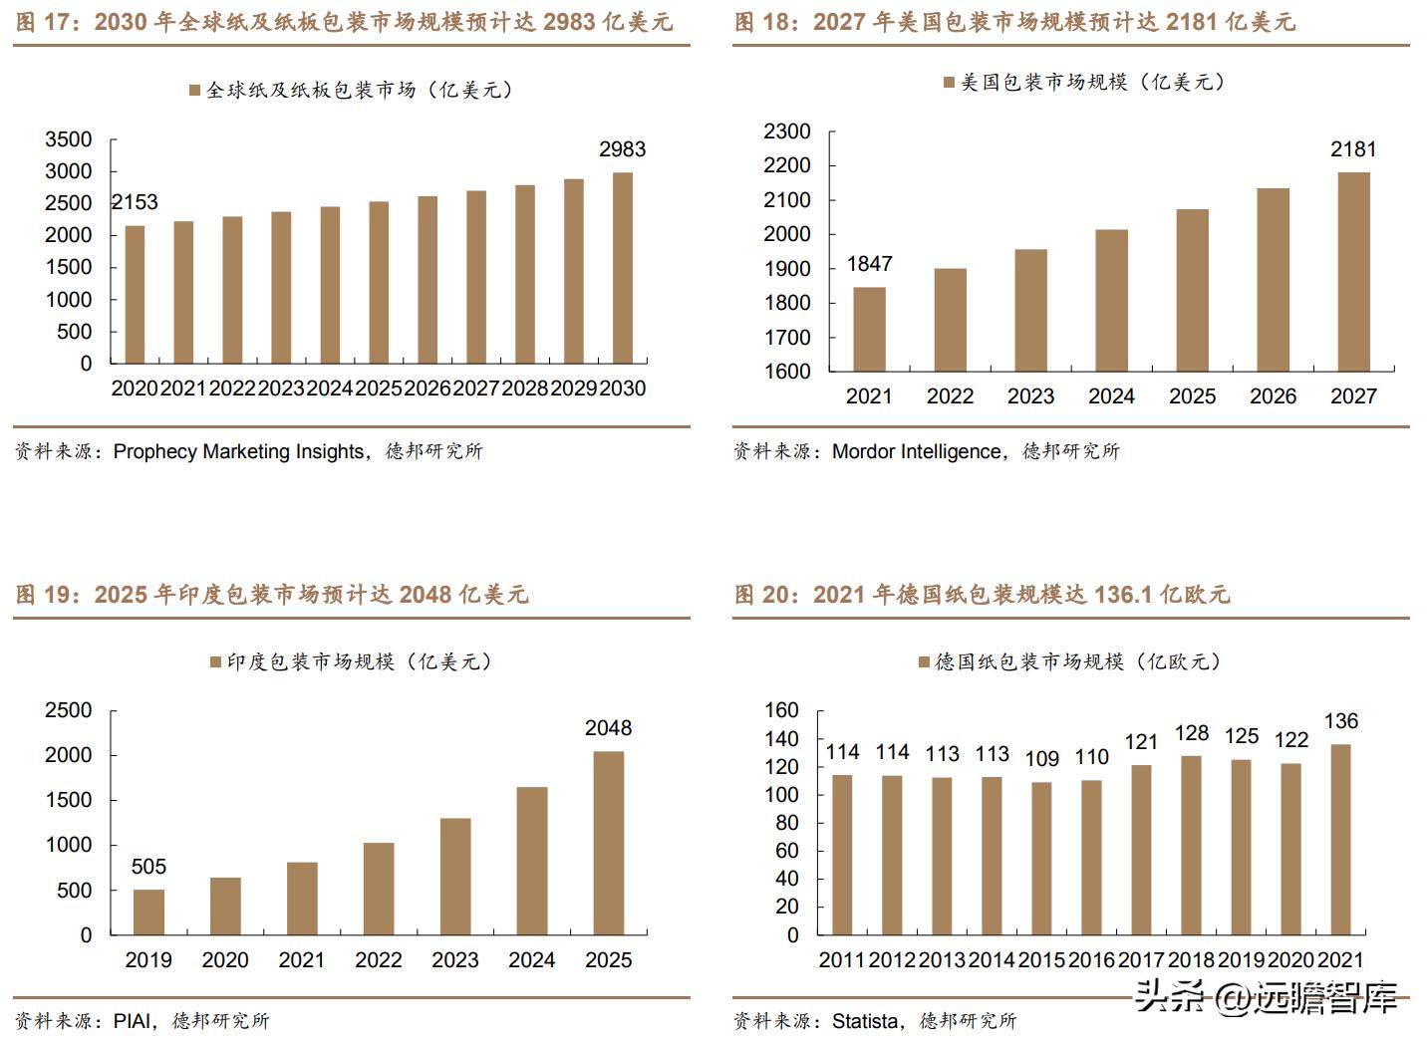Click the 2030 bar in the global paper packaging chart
coord(622,268)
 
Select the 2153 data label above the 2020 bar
coord(135,202)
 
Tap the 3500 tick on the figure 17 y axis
coord(69,139)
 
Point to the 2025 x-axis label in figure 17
coord(379,389)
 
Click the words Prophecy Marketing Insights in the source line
coord(239,451)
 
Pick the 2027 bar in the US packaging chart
coord(1353,272)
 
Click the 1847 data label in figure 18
coord(869,264)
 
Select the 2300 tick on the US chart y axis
coord(787,131)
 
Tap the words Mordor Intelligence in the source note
coord(917,451)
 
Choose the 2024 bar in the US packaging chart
coord(1111,301)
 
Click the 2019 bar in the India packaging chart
coord(148,912)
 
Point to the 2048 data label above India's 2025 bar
coord(608,728)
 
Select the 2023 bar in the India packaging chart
coord(455,877)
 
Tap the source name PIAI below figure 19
coord(133,1021)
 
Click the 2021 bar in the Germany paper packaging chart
coord(1340,839)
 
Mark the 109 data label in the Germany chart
coord(1041,759)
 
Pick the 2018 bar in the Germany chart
coord(1191,845)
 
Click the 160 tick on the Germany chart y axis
coord(782,710)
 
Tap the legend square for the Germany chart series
coord(924,661)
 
